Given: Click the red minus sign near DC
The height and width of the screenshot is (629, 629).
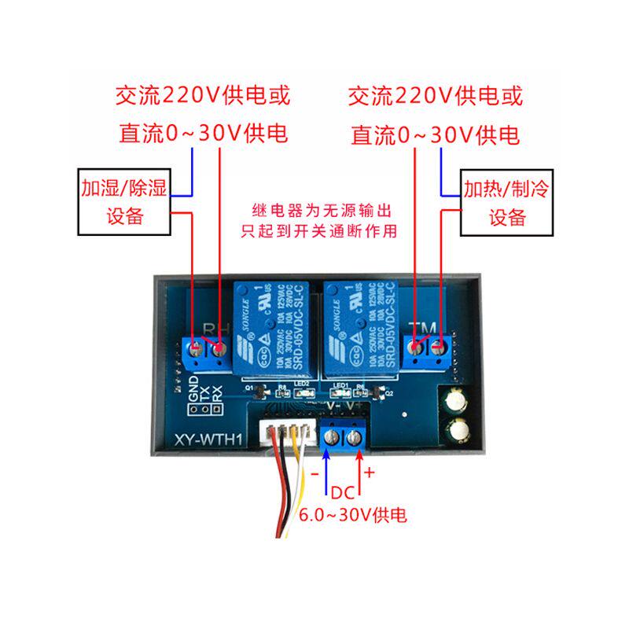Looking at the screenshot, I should tap(314, 474).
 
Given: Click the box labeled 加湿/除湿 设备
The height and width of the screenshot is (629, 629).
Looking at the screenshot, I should tap(124, 201).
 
